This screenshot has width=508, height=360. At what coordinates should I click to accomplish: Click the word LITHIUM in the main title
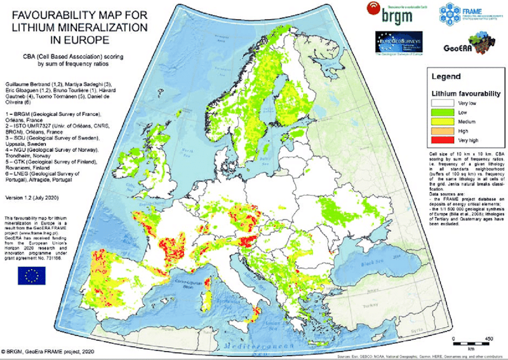click(x=34, y=27)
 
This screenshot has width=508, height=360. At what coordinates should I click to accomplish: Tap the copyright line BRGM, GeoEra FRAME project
click(x=51, y=352)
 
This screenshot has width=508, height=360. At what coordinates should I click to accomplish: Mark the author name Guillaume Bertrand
click(x=24, y=81)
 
